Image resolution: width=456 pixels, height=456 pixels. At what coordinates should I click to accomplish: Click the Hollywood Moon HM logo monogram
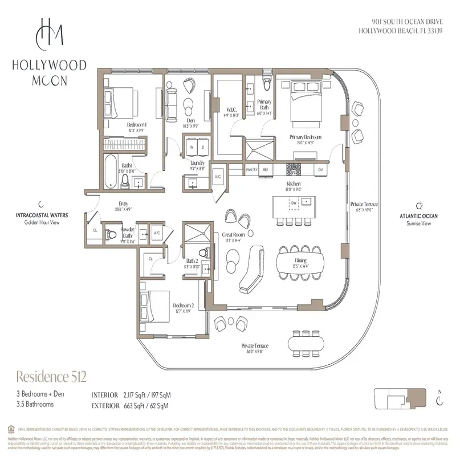click(x=50, y=34)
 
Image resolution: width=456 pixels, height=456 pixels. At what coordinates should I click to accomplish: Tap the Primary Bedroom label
click(x=306, y=137)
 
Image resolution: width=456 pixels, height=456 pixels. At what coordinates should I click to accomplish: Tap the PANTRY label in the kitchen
click(x=253, y=169)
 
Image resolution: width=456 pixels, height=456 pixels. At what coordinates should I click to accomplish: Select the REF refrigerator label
click(x=266, y=169)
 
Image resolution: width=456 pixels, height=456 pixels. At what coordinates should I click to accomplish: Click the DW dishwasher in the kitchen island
click(x=294, y=203)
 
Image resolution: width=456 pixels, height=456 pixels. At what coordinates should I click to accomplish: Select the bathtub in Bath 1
click(x=111, y=170)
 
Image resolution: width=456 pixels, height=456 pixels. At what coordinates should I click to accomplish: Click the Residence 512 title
click(x=52, y=376)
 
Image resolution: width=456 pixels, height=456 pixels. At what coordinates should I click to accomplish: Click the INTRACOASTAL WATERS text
click(x=42, y=215)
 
